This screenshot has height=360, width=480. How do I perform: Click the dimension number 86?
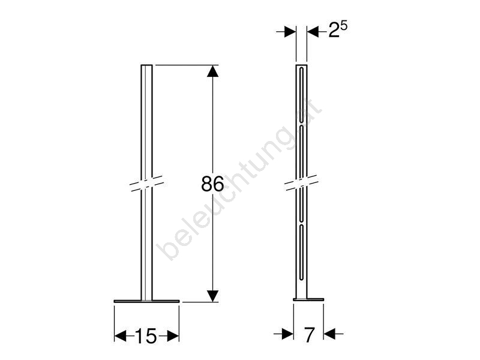[212, 184]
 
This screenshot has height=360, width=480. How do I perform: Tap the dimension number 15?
[146, 336]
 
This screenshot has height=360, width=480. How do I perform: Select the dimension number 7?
[309, 335]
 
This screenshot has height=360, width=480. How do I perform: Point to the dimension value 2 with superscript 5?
[338, 29]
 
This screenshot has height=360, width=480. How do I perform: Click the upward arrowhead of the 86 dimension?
[212, 71]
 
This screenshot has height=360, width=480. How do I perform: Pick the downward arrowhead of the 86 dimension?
[212, 296]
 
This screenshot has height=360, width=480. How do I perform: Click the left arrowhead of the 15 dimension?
[120, 336]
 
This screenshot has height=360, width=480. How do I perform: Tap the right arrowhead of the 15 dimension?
[173, 336]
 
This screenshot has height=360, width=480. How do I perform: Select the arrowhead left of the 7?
[287, 334]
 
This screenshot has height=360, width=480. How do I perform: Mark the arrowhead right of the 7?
[329, 334]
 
